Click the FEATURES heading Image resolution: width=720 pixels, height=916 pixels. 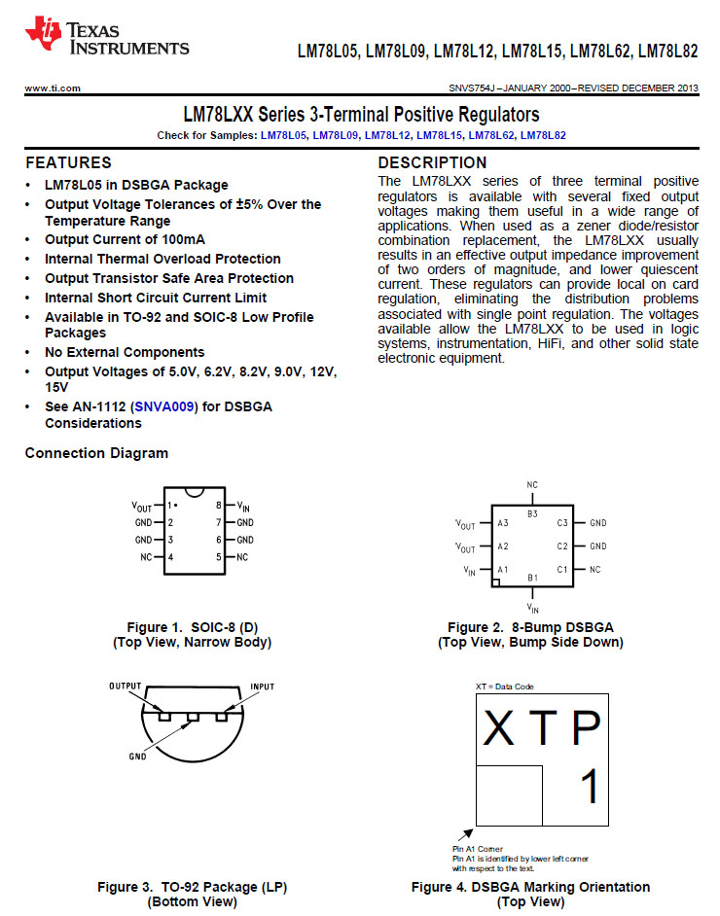[68, 162]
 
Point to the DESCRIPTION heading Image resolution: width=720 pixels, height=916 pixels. [432, 162]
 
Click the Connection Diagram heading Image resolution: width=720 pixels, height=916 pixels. [96, 453]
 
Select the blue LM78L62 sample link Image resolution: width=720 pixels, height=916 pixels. [491, 135]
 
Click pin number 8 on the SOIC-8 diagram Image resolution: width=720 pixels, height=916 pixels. [219, 506]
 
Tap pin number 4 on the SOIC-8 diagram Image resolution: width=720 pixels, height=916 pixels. [170, 557]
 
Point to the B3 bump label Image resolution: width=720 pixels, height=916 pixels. [532, 512]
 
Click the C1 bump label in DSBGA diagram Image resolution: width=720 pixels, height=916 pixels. [561, 569]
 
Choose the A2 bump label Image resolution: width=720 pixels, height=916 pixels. [503, 546]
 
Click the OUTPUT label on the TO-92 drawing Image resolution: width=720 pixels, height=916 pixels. [126, 687]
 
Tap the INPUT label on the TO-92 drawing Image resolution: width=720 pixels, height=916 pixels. [263, 687]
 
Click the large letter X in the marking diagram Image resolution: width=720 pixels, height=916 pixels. [499, 728]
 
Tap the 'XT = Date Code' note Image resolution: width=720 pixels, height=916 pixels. [504, 687]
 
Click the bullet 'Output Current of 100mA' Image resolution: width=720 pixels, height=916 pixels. [125, 239]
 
